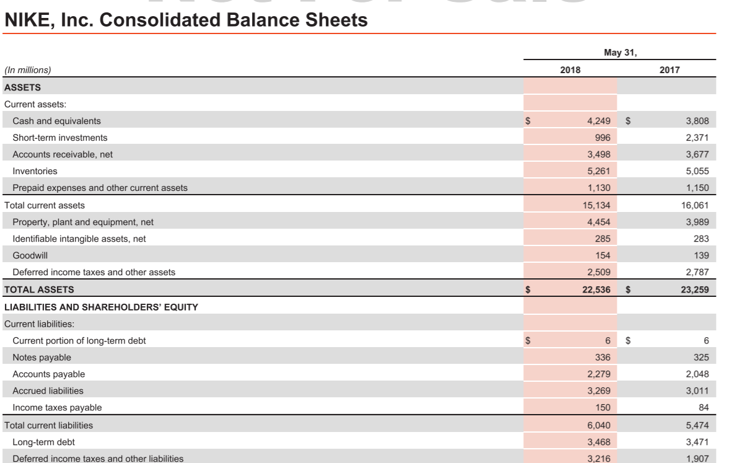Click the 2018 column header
point(570,70)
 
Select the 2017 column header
point(669,70)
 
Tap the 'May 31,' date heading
point(620,53)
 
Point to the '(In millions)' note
point(28,70)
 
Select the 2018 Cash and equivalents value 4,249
point(598,121)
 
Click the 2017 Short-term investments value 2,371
point(697,138)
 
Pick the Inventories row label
point(35,171)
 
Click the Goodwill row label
point(30,255)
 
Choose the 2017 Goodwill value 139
point(701,255)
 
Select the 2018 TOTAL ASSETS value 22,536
point(596,289)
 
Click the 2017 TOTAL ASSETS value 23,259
point(695,289)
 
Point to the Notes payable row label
point(41,358)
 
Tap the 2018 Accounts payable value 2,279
point(598,374)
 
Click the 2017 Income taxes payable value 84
point(704,408)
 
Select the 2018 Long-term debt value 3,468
point(598,442)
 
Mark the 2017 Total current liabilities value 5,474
point(697,425)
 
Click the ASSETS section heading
point(22,87)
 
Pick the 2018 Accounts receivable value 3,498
point(598,154)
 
